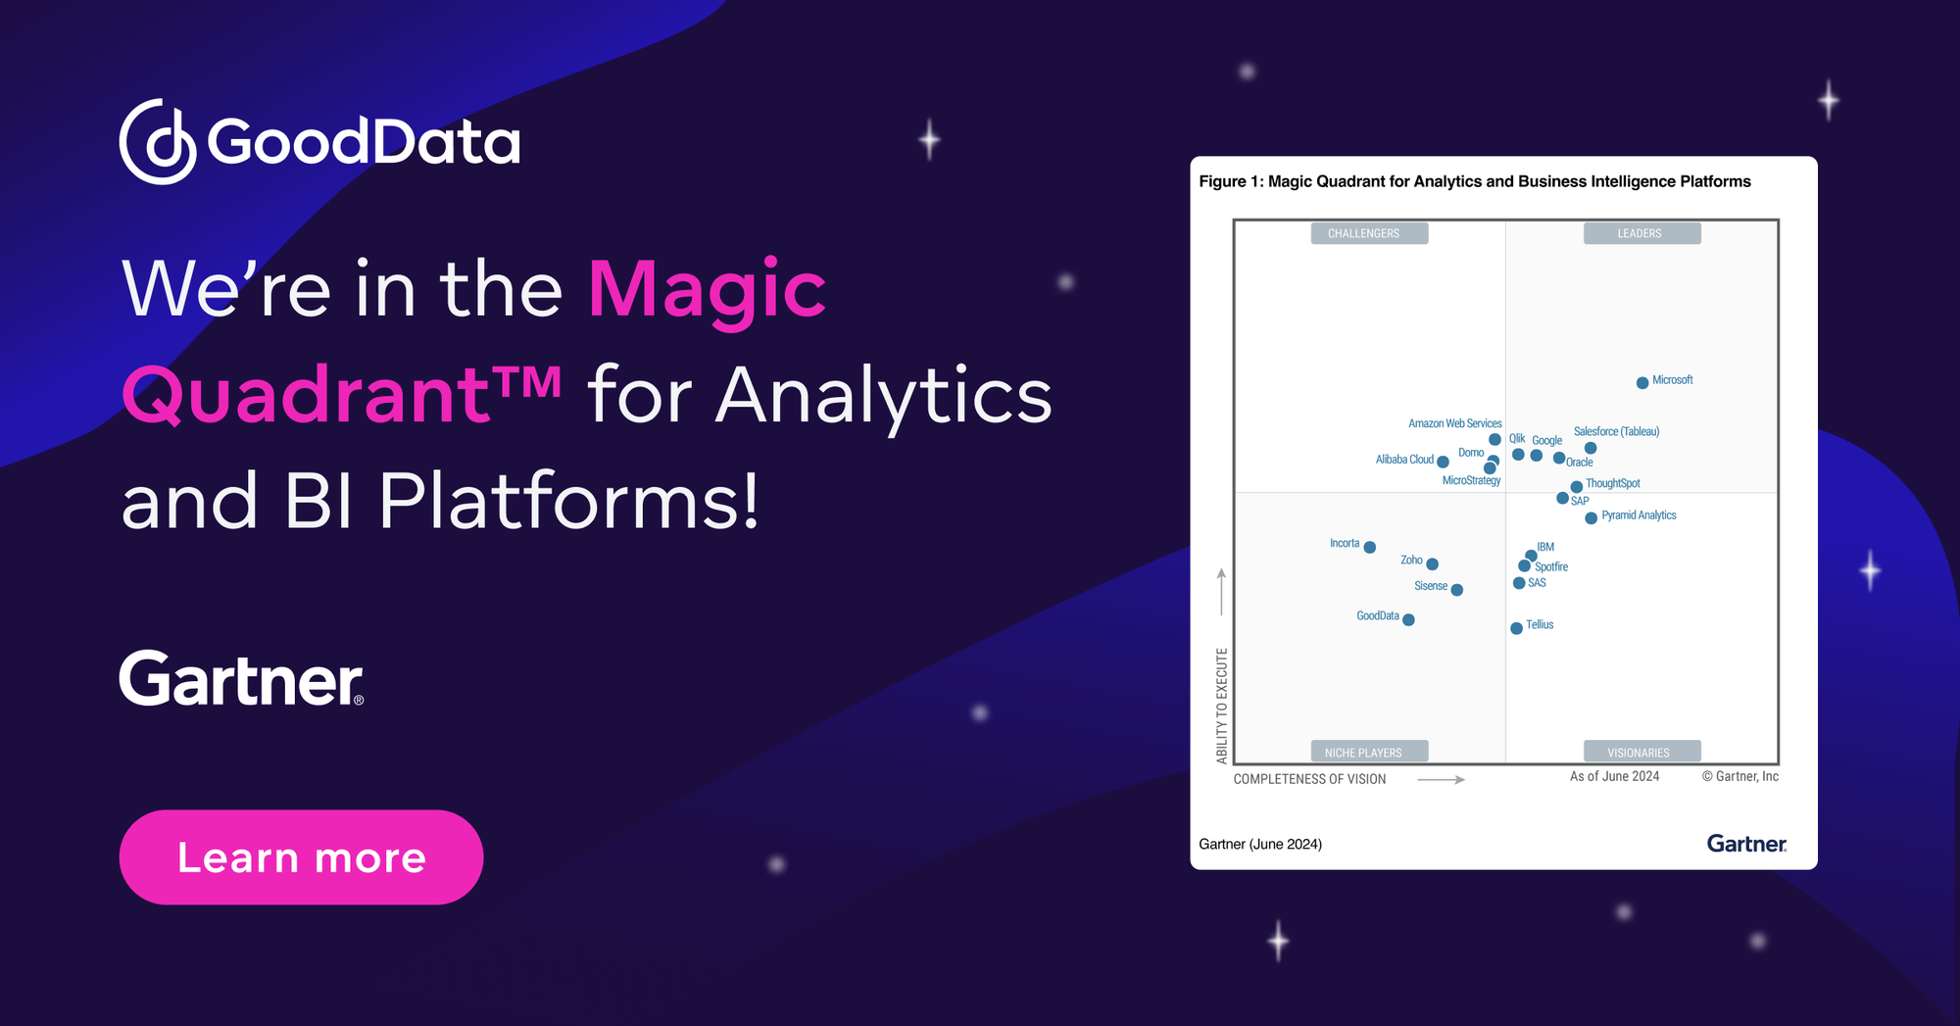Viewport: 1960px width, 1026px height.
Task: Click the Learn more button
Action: coord(301,857)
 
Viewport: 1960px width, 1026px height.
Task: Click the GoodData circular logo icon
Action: coord(158,141)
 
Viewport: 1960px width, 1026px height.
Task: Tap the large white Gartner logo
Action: coord(241,679)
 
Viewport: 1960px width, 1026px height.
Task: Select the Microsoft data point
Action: coord(1642,383)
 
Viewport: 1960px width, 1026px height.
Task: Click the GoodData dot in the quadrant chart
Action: coord(1408,619)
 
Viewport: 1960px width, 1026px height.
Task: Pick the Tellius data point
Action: coord(1516,628)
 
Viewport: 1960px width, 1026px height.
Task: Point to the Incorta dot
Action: coord(1370,548)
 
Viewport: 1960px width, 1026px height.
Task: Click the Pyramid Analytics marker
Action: coord(1592,518)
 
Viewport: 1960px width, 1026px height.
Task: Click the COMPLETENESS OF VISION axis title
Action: coord(1309,779)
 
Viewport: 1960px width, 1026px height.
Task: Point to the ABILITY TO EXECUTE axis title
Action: coord(1222,706)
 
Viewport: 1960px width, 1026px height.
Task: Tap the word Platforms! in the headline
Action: coord(568,501)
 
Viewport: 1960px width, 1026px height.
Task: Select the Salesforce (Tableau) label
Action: coord(1616,431)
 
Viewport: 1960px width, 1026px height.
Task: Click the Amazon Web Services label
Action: coord(1454,423)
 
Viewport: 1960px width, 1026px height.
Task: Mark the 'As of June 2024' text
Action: coord(1614,776)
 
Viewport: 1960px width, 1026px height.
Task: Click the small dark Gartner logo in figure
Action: coord(1746,844)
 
